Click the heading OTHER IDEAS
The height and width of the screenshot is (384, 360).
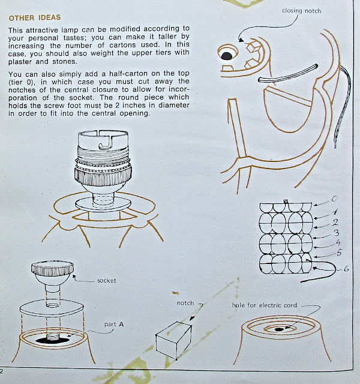point(35,17)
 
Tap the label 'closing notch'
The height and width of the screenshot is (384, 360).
point(301,11)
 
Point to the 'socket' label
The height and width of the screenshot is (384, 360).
point(107,280)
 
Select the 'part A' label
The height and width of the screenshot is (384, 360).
point(114,325)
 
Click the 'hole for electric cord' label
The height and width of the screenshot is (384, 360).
point(265,305)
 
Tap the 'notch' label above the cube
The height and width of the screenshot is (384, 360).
point(185,303)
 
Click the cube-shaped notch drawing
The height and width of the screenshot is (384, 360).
point(173,340)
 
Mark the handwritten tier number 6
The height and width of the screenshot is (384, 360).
point(346,269)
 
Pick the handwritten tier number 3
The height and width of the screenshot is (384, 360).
point(337,233)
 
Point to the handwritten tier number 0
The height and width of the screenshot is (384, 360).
point(335,199)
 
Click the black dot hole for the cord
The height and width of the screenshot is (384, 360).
point(279,329)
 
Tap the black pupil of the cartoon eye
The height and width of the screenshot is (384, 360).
point(227,56)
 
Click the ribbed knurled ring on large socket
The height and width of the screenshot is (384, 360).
point(103,175)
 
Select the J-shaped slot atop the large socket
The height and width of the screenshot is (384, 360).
point(106,143)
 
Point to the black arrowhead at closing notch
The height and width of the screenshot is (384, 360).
point(241,40)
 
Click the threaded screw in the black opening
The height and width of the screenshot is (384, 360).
point(53,337)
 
